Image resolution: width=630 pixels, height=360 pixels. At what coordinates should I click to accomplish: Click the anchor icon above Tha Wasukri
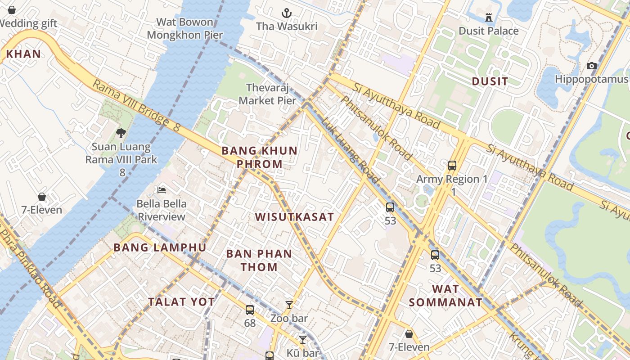[x=287, y=13]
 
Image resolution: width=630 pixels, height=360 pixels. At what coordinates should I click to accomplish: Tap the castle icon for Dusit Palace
[x=489, y=18]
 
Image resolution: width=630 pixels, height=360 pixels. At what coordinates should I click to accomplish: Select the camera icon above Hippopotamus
[x=592, y=66]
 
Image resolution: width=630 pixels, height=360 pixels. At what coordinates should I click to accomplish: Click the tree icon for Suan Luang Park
[x=121, y=133]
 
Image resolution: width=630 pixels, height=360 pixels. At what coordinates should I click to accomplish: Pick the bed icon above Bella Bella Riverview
[x=161, y=190]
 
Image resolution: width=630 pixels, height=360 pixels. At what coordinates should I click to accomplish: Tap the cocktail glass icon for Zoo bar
[x=289, y=305]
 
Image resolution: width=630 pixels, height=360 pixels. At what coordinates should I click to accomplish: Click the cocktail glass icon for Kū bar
[x=303, y=340]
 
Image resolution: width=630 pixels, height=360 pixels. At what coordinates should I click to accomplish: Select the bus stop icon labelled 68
[x=250, y=310]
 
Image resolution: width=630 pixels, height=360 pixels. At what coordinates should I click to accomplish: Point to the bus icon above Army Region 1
[x=452, y=165]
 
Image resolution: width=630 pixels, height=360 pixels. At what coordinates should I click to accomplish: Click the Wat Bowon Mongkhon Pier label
[x=185, y=28]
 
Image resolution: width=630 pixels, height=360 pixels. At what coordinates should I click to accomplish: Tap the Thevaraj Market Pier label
[x=267, y=94]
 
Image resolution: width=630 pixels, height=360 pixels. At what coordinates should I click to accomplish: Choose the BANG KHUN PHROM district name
[x=260, y=157]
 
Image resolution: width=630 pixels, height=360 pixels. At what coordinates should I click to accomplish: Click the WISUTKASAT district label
[x=294, y=217]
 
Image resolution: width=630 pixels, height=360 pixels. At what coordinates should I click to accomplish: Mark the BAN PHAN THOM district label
[x=259, y=260]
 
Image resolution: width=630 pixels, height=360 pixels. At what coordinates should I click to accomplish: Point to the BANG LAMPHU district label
[x=160, y=247]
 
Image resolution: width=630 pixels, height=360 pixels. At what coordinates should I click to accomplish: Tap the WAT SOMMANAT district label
[x=445, y=295]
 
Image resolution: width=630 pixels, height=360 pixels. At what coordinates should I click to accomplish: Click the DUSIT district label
[x=490, y=81]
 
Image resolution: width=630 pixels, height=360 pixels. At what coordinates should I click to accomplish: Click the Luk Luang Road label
[x=351, y=151]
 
